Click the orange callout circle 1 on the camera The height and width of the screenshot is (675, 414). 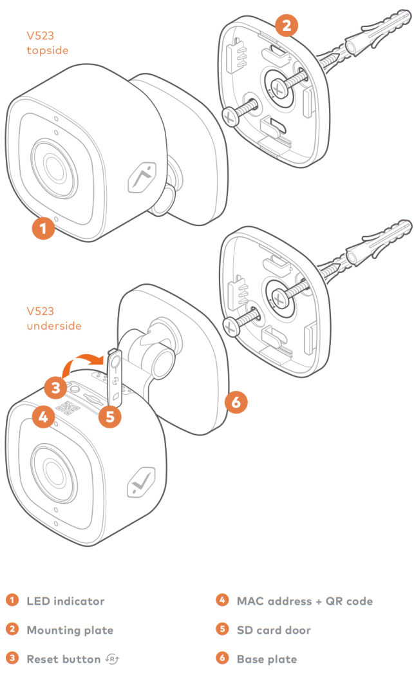click(43, 227)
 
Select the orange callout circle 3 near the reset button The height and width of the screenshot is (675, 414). click(56, 387)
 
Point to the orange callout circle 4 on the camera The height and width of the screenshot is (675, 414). click(43, 417)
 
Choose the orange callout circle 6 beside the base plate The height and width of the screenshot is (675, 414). click(236, 403)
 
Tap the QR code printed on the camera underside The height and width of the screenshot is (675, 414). click(67, 408)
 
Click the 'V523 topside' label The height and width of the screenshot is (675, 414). click(47, 43)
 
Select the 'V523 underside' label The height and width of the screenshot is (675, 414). click(53, 318)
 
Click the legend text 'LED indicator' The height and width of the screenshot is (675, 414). click(65, 601)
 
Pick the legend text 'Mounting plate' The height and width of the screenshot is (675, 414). click(70, 630)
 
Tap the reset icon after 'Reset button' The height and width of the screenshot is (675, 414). click(113, 659)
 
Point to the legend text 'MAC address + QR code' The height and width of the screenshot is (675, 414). click(304, 601)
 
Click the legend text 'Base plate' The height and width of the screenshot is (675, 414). click(267, 659)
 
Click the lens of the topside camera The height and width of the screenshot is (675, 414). click(51, 162)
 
